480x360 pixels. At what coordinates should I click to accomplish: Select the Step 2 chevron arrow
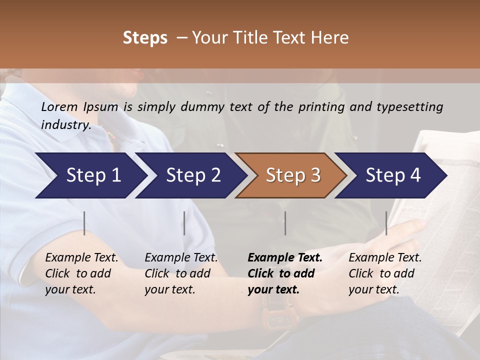pyautogui.click(x=193, y=175)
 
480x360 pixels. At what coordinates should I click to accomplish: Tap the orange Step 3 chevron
pyautogui.click(x=293, y=175)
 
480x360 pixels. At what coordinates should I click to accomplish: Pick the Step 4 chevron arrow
pyautogui.click(x=393, y=175)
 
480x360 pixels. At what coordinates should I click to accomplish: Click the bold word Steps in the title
pyautogui.click(x=145, y=38)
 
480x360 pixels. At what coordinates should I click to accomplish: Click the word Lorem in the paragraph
pyautogui.click(x=59, y=106)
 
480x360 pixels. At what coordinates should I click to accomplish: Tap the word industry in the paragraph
pyautogui.click(x=66, y=124)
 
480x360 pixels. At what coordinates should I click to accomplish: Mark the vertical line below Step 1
pyautogui.click(x=84, y=223)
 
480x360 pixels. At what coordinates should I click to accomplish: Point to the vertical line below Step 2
pyautogui.click(x=184, y=223)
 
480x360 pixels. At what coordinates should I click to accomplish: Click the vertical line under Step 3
pyautogui.click(x=285, y=223)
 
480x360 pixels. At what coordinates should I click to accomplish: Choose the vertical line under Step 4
pyautogui.click(x=386, y=223)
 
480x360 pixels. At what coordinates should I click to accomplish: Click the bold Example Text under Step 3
pyautogui.click(x=285, y=258)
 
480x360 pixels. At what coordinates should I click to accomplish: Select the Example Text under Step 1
pyautogui.click(x=81, y=258)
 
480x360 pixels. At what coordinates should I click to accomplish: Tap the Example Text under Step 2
pyautogui.click(x=181, y=258)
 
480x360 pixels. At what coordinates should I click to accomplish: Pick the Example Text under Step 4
pyautogui.click(x=385, y=258)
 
